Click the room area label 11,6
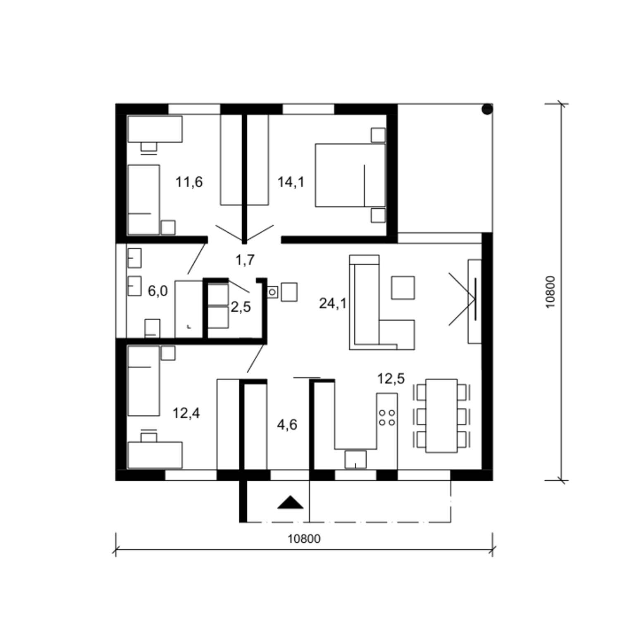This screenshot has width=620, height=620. coord(189,182)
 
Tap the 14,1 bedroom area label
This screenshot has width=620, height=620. coord(291,182)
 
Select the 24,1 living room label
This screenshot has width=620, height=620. coord(332,304)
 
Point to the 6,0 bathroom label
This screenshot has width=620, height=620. coord(157,291)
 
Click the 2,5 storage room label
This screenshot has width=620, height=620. coord(241,307)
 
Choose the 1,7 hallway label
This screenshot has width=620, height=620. coord(245,260)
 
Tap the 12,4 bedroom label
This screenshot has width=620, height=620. coord(186,413)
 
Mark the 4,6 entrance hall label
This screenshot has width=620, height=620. coord(287,424)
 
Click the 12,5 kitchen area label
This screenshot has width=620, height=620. coord(391,379)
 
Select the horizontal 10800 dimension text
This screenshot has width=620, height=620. coord(304,539)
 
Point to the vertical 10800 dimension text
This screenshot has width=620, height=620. coord(551,292)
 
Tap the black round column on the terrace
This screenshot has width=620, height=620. coord(487,109)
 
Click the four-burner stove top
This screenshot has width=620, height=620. coord(387,417)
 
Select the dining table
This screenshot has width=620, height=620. coord(441,416)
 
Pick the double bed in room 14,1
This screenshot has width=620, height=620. coord(350,175)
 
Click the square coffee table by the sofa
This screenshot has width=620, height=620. coord(403,288)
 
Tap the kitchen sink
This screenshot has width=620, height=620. coord(355,459)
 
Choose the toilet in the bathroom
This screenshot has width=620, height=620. coord(152,328)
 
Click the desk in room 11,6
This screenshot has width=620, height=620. coord(155,129)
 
